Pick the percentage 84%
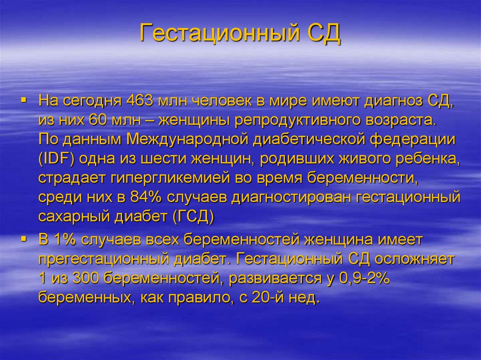[147, 198]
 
